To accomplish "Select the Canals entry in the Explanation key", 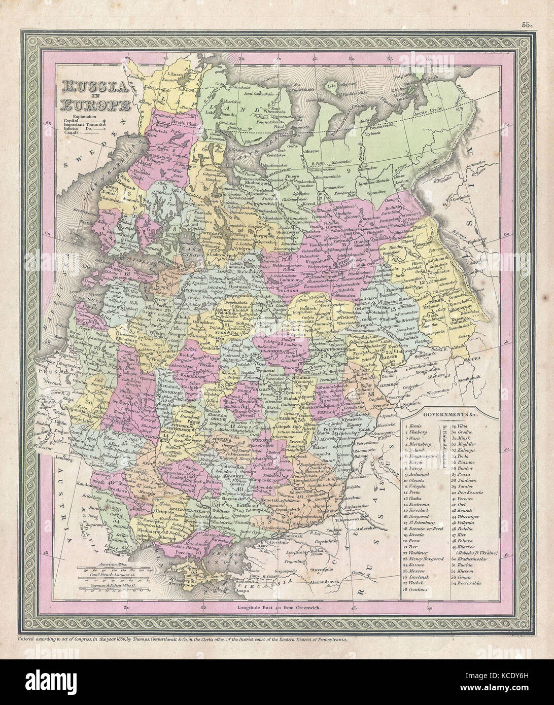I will (71, 134).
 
